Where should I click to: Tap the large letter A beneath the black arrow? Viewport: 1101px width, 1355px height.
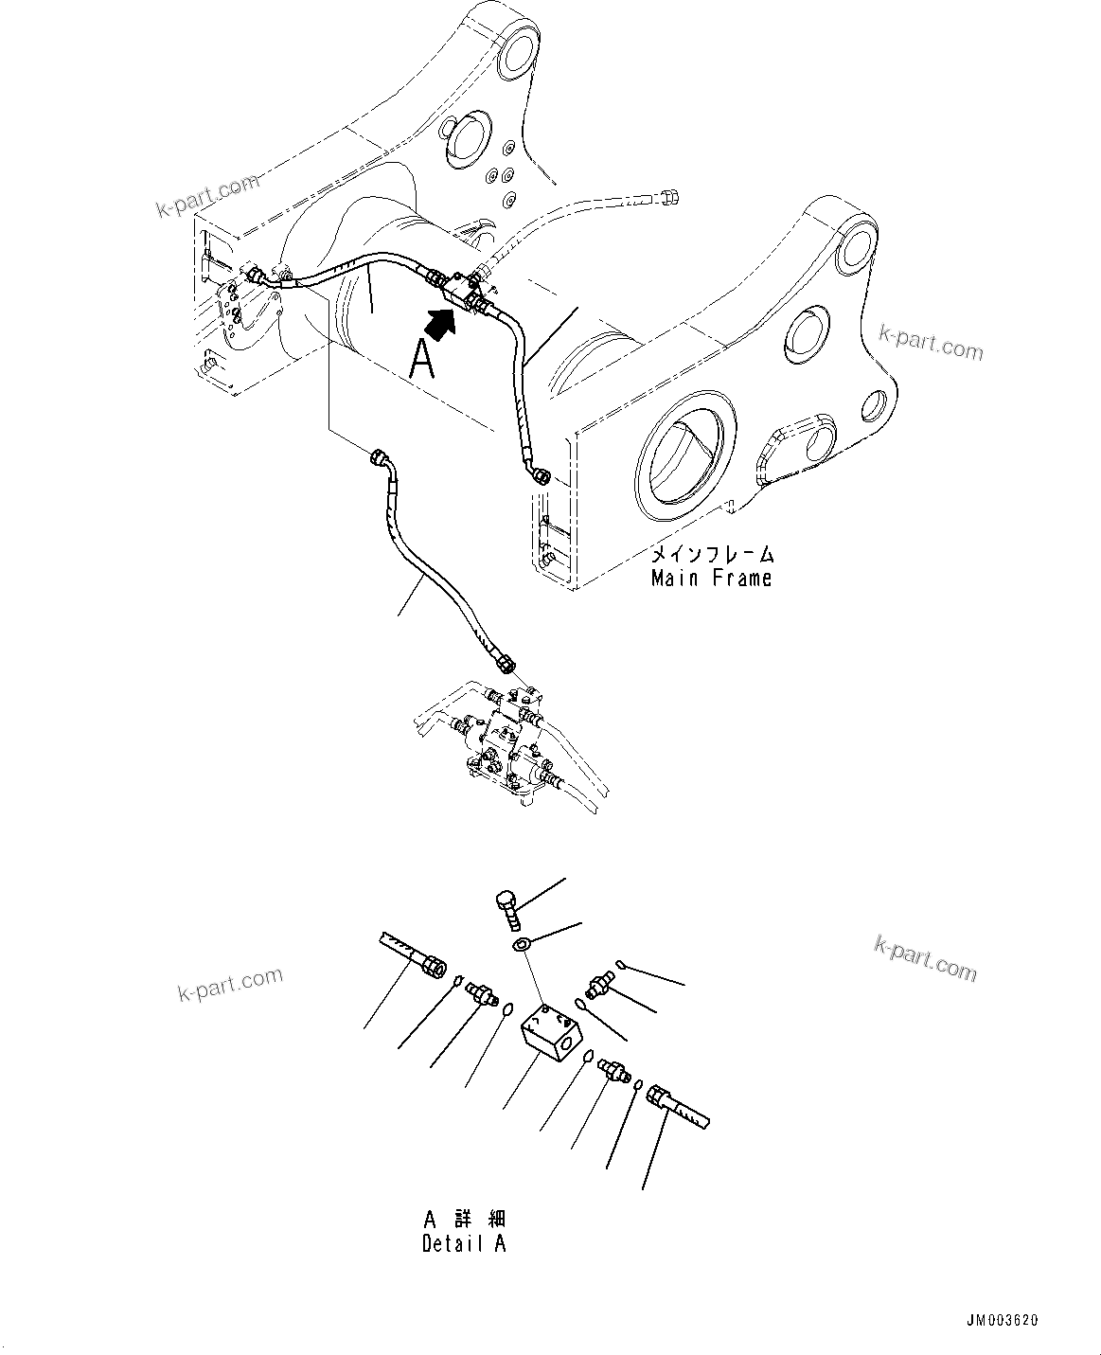[x=423, y=360]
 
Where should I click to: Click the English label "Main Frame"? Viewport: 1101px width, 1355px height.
[x=711, y=578]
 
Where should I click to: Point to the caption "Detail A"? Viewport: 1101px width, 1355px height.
[x=464, y=1243]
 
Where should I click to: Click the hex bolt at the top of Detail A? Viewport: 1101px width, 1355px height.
[x=506, y=905]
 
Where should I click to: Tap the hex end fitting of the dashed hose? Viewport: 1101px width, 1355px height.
[x=671, y=197]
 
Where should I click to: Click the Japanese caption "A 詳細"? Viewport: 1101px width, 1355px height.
[x=464, y=1218]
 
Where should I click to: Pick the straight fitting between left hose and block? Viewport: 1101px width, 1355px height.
[x=481, y=994]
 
